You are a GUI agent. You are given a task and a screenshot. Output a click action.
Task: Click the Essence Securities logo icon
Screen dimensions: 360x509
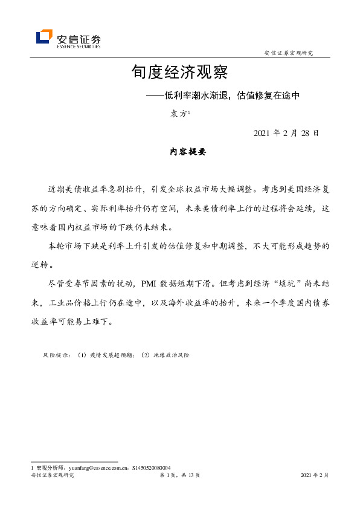coord(44,37)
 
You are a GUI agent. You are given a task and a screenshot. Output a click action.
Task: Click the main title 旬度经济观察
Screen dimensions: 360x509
coord(179,73)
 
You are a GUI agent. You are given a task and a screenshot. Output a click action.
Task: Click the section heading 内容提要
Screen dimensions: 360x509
coord(188,153)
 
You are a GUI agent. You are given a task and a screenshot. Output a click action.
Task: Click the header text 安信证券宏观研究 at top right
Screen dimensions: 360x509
coord(289,53)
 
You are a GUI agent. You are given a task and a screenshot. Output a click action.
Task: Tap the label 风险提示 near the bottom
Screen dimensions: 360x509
coord(57,355)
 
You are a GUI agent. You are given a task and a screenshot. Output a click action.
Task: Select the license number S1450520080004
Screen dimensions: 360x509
coord(151,468)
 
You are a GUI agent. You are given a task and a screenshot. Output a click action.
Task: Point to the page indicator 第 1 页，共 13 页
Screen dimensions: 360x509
coord(179,476)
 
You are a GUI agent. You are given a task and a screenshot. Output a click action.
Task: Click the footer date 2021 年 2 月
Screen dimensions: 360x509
coord(315,476)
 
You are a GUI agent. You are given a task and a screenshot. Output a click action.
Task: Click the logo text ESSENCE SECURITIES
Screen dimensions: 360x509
coord(79,45)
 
